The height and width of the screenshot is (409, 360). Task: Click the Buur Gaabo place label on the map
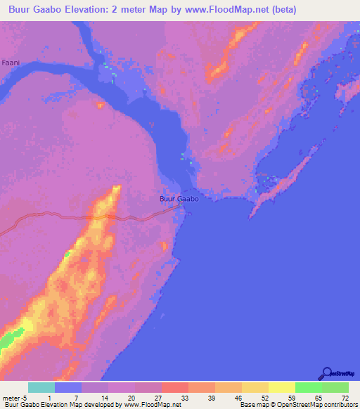[179, 200]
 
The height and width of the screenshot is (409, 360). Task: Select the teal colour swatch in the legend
[41, 387]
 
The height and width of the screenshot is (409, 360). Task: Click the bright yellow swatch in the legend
[281, 387]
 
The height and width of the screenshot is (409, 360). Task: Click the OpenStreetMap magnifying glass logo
[326, 373]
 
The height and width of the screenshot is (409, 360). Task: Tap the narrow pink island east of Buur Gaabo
[281, 186]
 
